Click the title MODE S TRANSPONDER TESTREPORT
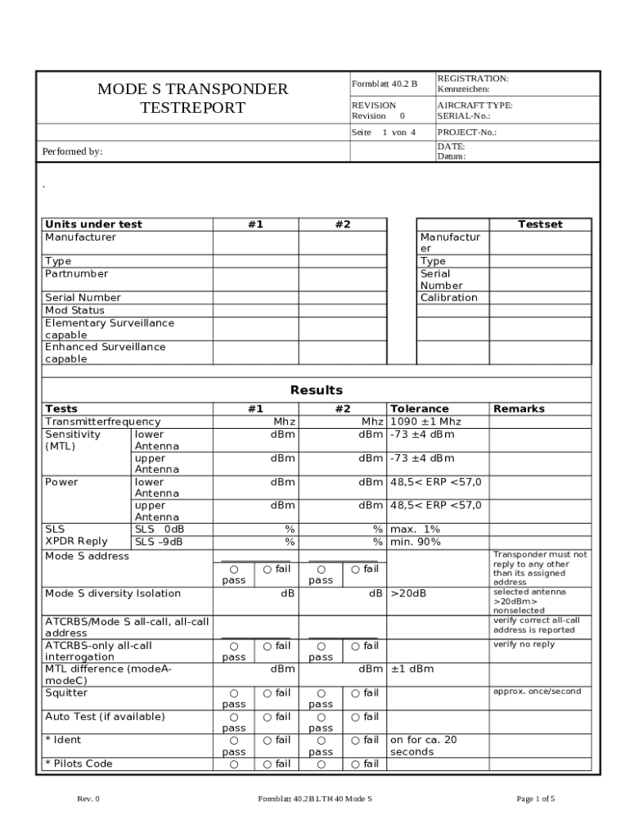(192, 98)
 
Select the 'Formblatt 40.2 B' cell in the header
(384, 83)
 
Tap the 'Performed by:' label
(73, 151)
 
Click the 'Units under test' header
(93, 224)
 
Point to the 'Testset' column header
(540, 224)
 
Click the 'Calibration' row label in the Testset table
(448, 298)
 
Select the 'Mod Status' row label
(74, 310)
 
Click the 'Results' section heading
(317, 390)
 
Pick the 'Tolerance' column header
(419, 408)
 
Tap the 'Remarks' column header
(519, 408)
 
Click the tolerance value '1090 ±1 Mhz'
(425, 421)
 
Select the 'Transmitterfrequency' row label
(102, 421)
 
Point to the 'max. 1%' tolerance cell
(415, 529)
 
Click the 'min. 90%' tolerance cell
(416, 542)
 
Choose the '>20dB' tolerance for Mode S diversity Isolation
(408, 593)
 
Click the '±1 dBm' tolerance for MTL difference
(412, 669)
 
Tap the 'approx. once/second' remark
(537, 692)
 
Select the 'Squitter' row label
(66, 693)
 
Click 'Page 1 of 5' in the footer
(536, 799)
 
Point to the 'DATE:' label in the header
(451, 146)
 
